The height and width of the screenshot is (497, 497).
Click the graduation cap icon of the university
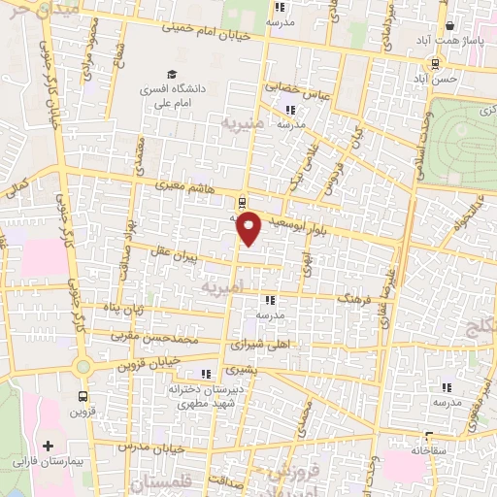[172, 74]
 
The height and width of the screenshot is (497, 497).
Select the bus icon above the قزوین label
[82, 396]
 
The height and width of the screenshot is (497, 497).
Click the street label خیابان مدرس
[150, 447]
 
